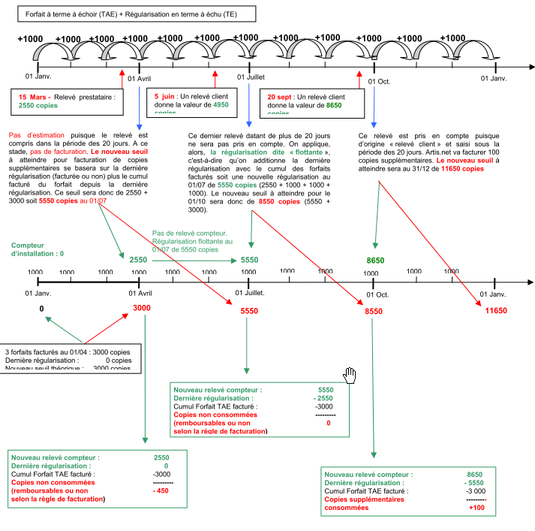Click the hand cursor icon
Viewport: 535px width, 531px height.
pos(350,374)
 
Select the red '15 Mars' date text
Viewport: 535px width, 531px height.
pos(35,97)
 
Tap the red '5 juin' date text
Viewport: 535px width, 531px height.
pos(165,96)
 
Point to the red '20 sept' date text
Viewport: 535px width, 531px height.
pos(281,97)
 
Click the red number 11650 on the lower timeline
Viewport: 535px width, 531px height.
pos(496,310)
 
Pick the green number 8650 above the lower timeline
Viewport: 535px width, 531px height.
pos(376,260)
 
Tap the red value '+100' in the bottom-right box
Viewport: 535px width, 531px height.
pos(476,508)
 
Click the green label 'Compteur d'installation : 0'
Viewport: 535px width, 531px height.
pos(38,249)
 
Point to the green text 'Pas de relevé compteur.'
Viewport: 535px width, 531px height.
pos(189,234)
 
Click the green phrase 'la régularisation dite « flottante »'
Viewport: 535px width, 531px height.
pos(270,152)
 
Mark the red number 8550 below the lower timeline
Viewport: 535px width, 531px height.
pos(374,311)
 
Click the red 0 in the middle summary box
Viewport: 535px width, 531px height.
pos(328,423)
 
